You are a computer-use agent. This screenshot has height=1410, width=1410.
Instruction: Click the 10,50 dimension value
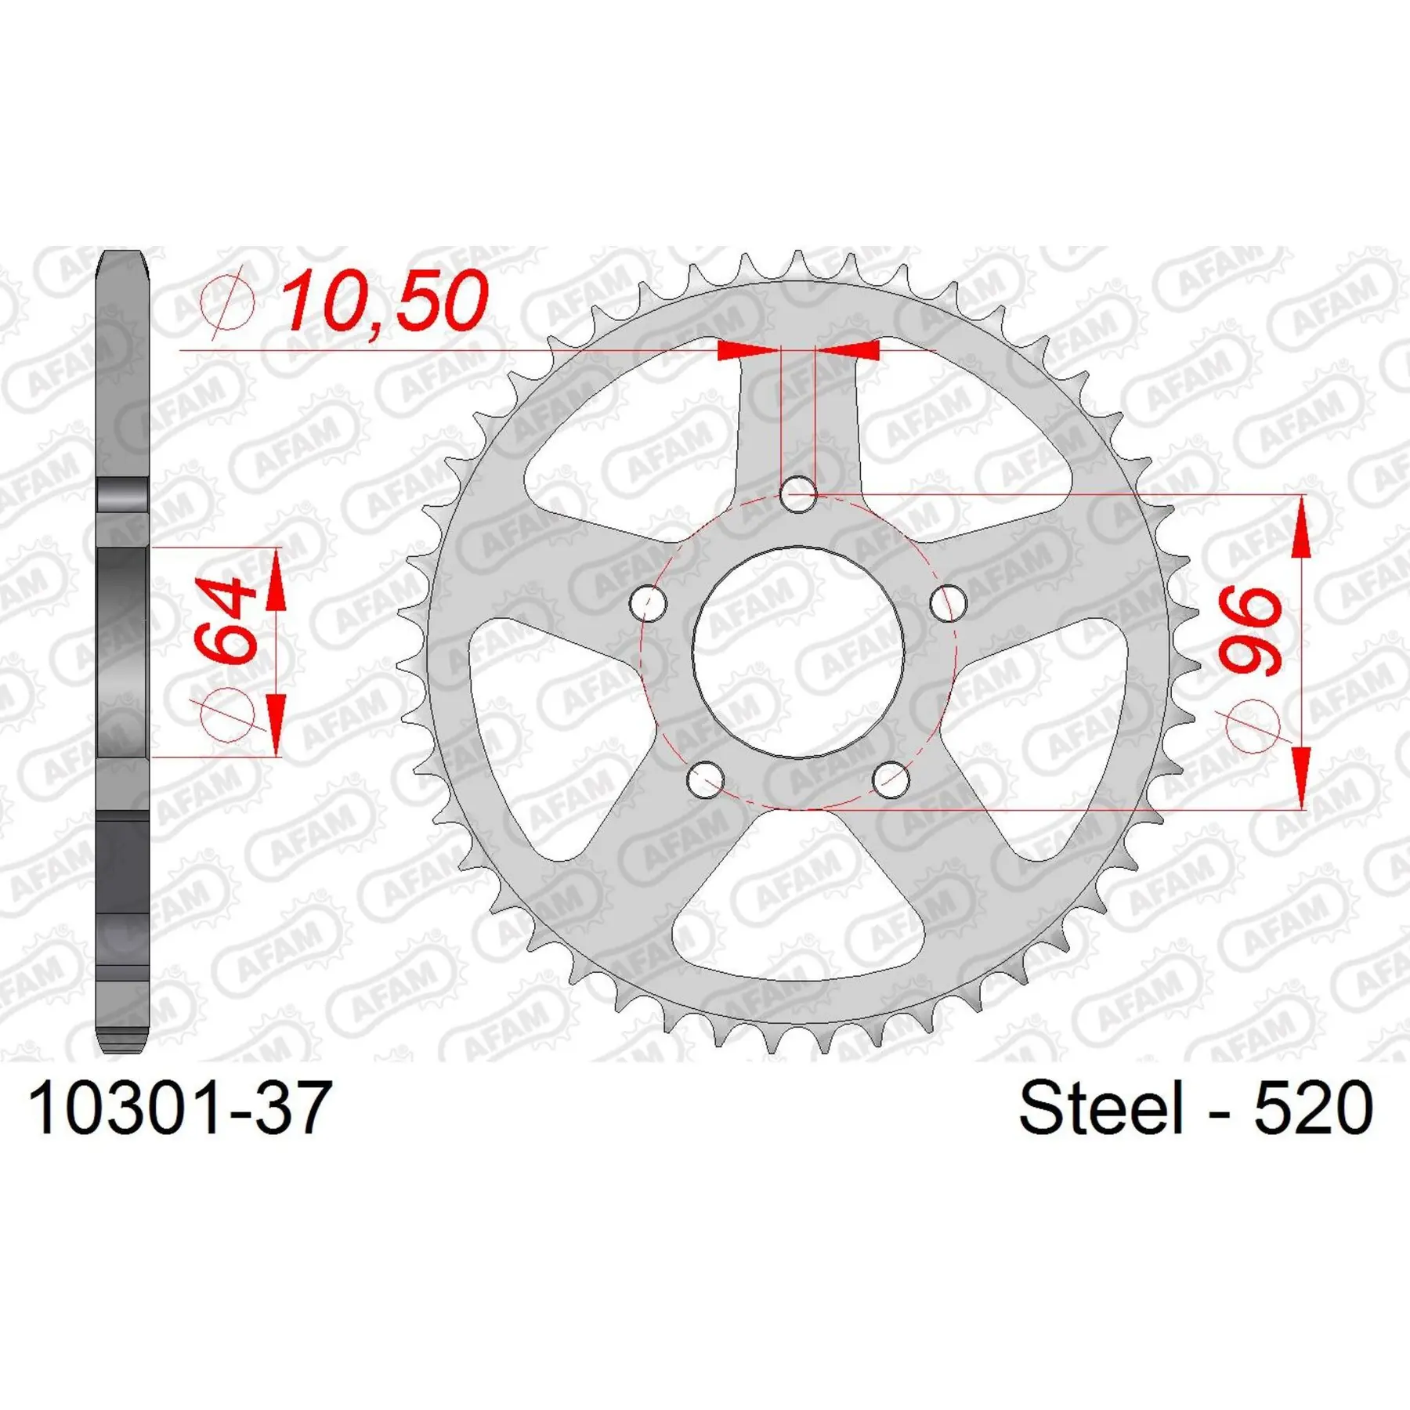coord(385,301)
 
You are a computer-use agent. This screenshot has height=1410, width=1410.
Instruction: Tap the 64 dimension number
coord(226,620)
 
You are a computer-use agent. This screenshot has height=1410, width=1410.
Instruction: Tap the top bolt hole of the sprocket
coord(799,494)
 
